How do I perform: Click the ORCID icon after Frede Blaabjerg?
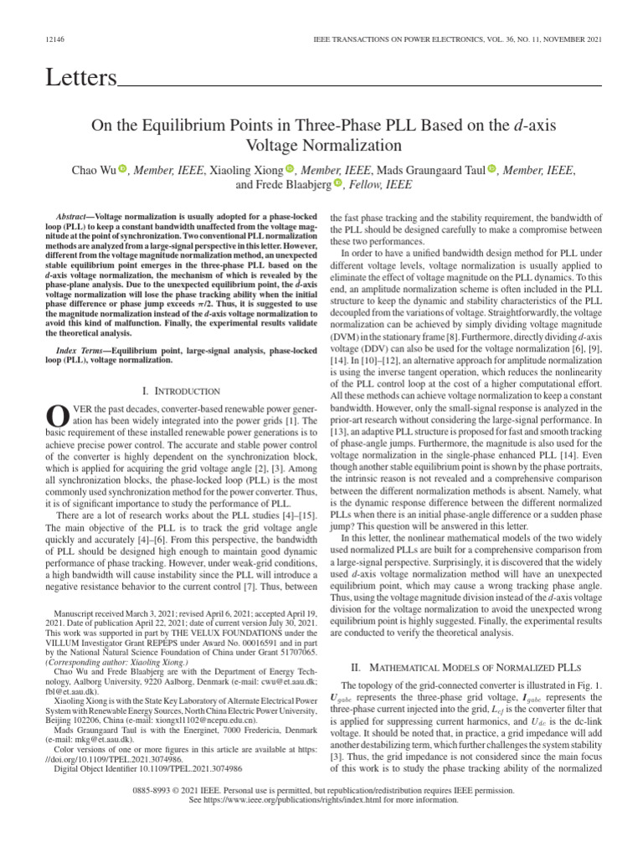click(x=338, y=184)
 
